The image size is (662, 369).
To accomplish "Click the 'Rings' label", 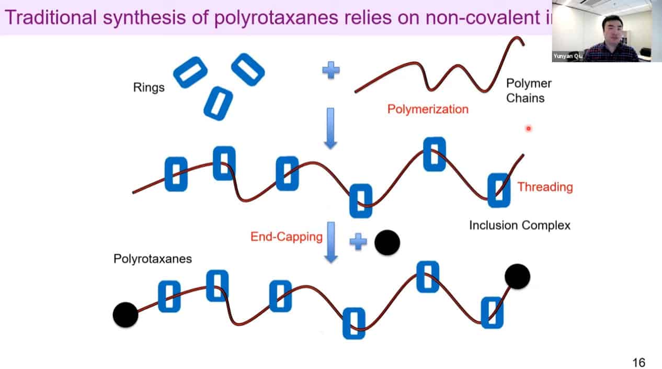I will coord(149,87).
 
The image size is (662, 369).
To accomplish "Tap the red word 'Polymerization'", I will coord(428,109).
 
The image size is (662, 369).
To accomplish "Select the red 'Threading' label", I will coord(545,187).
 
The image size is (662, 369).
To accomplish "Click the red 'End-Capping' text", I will coord(287,237).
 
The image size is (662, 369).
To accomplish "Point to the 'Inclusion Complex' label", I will coord(519,226).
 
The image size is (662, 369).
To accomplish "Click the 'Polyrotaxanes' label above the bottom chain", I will coord(153,259).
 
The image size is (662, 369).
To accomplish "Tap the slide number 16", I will coord(638,362).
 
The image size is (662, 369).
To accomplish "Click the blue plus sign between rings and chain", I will coord(330,70).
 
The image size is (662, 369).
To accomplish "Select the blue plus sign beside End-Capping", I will coord(358,241).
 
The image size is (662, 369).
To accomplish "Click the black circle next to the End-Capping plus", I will coord(387,242).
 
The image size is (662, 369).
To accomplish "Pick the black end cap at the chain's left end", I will coord(125,315).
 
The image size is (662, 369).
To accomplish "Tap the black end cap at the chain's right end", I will coord(518,276).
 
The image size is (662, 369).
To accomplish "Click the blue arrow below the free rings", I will coord(330,127).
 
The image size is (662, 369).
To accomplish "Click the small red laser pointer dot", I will coord(528,128).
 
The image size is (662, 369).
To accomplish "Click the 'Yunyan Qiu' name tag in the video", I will coord(567,56).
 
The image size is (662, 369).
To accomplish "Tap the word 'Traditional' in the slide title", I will coord(50,17).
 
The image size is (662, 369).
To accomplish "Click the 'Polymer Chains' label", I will coord(529,91).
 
